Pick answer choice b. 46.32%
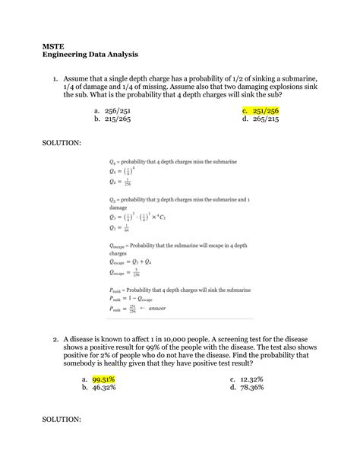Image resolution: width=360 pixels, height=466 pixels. (x=107, y=387)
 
